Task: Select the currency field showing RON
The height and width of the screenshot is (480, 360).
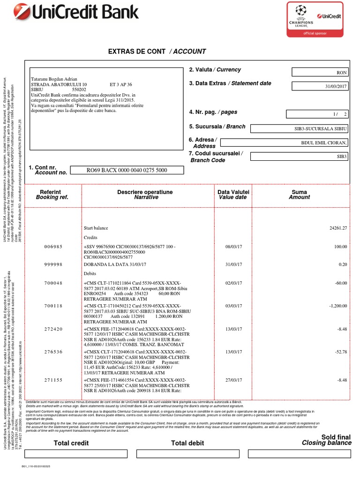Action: point(320,73)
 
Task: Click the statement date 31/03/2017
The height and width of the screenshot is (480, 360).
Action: point(320,86)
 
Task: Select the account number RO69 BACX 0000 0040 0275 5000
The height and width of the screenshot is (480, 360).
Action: point(127,171)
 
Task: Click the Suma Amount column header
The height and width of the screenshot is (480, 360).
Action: point(299,195)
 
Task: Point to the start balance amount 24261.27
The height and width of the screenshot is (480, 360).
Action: point(338,228)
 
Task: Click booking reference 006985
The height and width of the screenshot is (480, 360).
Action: point(53,246)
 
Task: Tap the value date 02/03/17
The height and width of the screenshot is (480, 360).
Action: point(233,283)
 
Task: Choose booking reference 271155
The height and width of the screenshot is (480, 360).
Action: point(53,380)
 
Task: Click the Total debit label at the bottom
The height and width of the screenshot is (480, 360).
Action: point(187,443)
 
